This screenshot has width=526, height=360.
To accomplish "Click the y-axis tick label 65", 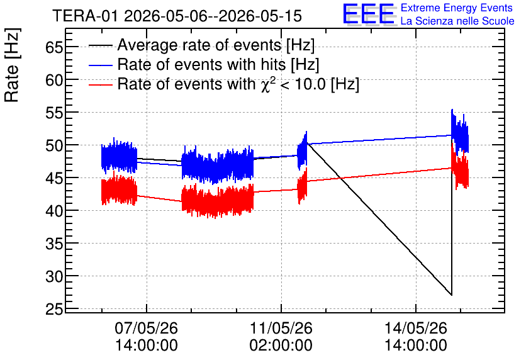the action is (x=54, y=47).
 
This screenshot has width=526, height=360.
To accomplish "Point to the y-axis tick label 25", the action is (x=54, y=310).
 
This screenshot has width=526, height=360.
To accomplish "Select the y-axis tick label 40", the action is (x=54, y=211).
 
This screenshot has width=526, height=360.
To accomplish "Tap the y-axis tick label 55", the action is (x=54, y=113).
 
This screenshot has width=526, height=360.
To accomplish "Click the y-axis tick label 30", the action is (x=54, y=277).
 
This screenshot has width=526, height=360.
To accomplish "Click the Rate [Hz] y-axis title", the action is (x=12, y=65).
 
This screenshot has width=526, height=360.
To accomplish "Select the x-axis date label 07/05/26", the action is (x=146, y=328).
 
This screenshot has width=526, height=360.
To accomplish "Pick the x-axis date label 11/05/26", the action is (x=281, y=328).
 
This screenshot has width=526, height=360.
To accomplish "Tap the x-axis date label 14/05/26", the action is (x=416, y=328).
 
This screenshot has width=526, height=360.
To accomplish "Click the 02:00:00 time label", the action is (x=281, y=346).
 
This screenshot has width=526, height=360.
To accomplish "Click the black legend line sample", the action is (x=100, y=45).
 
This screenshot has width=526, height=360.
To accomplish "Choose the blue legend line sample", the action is (x=100, y=65).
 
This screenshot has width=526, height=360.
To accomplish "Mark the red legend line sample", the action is (x=100, y=84).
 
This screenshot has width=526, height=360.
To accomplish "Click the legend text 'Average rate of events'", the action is (x=199, y=45).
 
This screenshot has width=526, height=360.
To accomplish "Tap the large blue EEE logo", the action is (x=369, y=14).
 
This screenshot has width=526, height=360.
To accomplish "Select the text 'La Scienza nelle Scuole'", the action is (x=457, y=21).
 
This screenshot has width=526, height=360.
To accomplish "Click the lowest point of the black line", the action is (x=452, y=295).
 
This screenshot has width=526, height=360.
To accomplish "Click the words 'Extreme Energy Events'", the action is (x=457, y=8).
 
